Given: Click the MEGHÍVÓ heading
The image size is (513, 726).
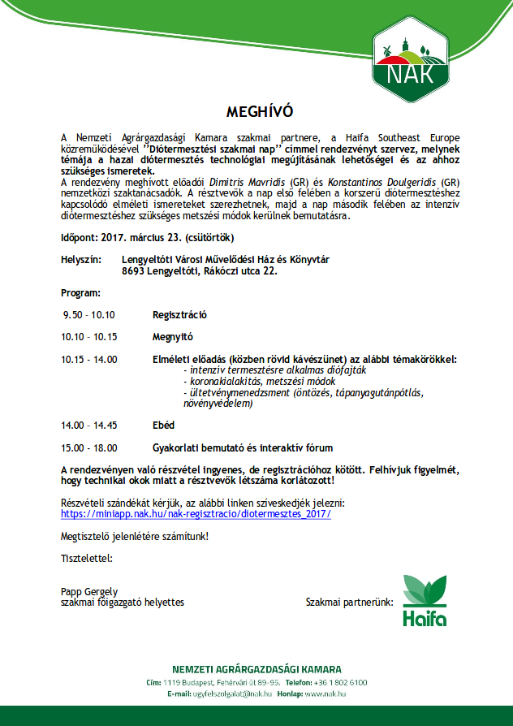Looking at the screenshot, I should tap(256, 110).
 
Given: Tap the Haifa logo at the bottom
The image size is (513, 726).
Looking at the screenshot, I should tap(425, 603).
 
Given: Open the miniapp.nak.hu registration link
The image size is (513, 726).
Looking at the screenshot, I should tap(196, 514).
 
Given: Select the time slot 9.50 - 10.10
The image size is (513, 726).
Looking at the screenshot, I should tap(89, 315).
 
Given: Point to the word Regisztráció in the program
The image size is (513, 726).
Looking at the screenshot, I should tap(180, 315).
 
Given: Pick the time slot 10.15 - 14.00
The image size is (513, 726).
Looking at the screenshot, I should tap(89, 359).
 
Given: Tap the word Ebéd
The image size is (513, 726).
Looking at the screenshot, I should tap(164, 425).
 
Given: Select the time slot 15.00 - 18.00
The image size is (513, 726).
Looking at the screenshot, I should tap(89, 447).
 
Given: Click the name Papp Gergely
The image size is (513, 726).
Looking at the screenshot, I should tap(89, 591).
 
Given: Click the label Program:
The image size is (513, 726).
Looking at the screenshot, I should tap(81, 292).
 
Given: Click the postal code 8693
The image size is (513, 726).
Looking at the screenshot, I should tap(132, 272).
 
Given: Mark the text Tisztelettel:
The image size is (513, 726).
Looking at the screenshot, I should tap(87, 558).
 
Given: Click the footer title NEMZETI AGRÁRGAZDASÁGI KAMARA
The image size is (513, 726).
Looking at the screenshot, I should tap(256, 669).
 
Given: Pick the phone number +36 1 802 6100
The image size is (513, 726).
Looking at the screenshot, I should tap(343, 683).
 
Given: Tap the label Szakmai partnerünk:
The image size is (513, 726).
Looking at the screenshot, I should tap(349, 603).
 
